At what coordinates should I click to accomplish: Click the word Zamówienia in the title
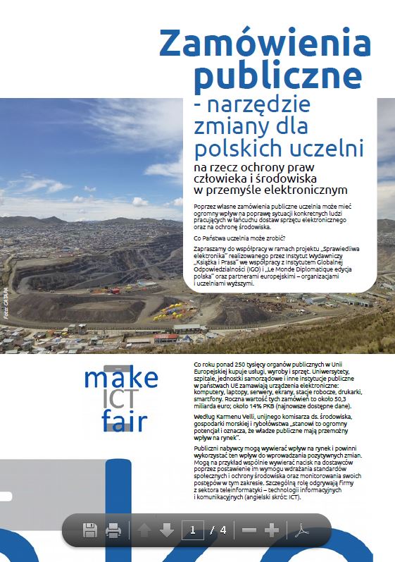click(264, 44)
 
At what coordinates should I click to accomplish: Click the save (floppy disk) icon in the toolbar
click(90, 530)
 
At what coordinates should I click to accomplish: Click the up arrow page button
click(144, 530)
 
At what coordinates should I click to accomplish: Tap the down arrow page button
click(167, 530)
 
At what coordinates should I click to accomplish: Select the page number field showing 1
click(192, 530)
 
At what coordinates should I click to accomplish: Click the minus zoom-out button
click(249, 530)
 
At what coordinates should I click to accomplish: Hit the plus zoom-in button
click(272, 530)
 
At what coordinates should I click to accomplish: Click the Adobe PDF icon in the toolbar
click(301, 530)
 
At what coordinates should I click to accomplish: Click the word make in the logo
click(116, 379)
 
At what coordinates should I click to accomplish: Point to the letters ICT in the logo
click(116, 401)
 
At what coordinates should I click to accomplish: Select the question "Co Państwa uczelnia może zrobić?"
click(234, 238)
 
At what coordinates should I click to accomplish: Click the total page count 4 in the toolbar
click(223, 530)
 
